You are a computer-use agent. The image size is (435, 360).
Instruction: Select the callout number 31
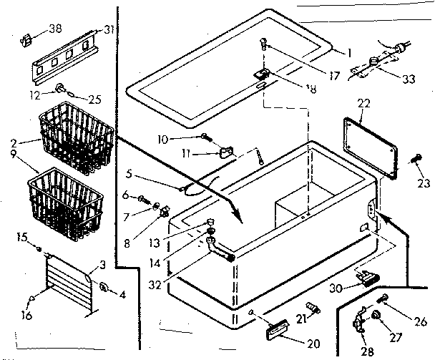[x=109, y=29]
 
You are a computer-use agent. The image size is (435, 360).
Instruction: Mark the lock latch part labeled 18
[x=262, y=74]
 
